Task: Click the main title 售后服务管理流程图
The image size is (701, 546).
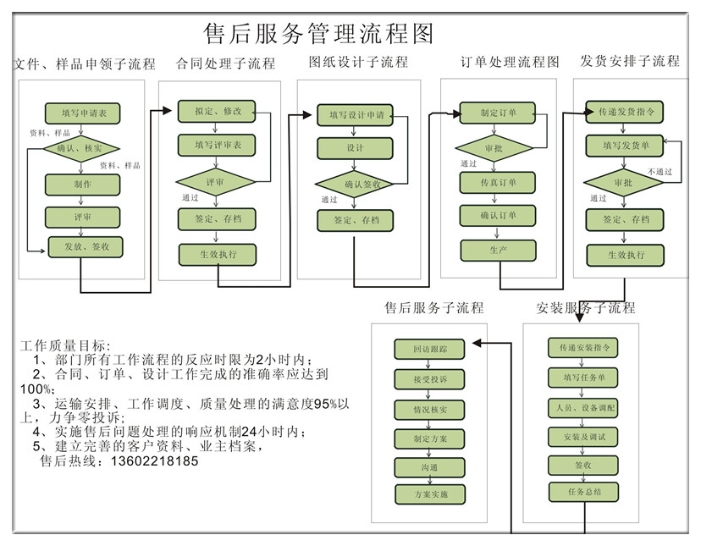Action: tap(319, 34)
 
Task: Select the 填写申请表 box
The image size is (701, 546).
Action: tap(82, 113)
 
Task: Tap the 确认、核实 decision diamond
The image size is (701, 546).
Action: tap(79, 148)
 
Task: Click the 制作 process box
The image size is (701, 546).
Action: tap(82, 184)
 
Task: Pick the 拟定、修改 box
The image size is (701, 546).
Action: tap(218, 111)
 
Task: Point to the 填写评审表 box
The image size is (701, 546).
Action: tap(218, 146)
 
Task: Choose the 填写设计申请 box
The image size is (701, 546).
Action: tap(356, 114)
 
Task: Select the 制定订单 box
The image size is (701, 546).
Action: tap(498, 113)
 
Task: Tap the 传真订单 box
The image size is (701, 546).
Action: tap(498, 182)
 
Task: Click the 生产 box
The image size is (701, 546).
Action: tap(498, 250)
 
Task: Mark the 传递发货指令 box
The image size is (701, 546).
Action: tap(625, 112)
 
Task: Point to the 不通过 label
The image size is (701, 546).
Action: tap(660, 171)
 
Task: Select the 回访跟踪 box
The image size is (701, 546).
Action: tap(430, 349)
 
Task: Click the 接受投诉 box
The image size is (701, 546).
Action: tap(430, 379)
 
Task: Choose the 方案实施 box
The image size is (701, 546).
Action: tap(430, 494)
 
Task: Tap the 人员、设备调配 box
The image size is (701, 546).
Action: tap(583, 408)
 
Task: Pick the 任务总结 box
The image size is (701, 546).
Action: tap(583, 492)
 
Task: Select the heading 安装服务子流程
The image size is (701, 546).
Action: tap(585, 307)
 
